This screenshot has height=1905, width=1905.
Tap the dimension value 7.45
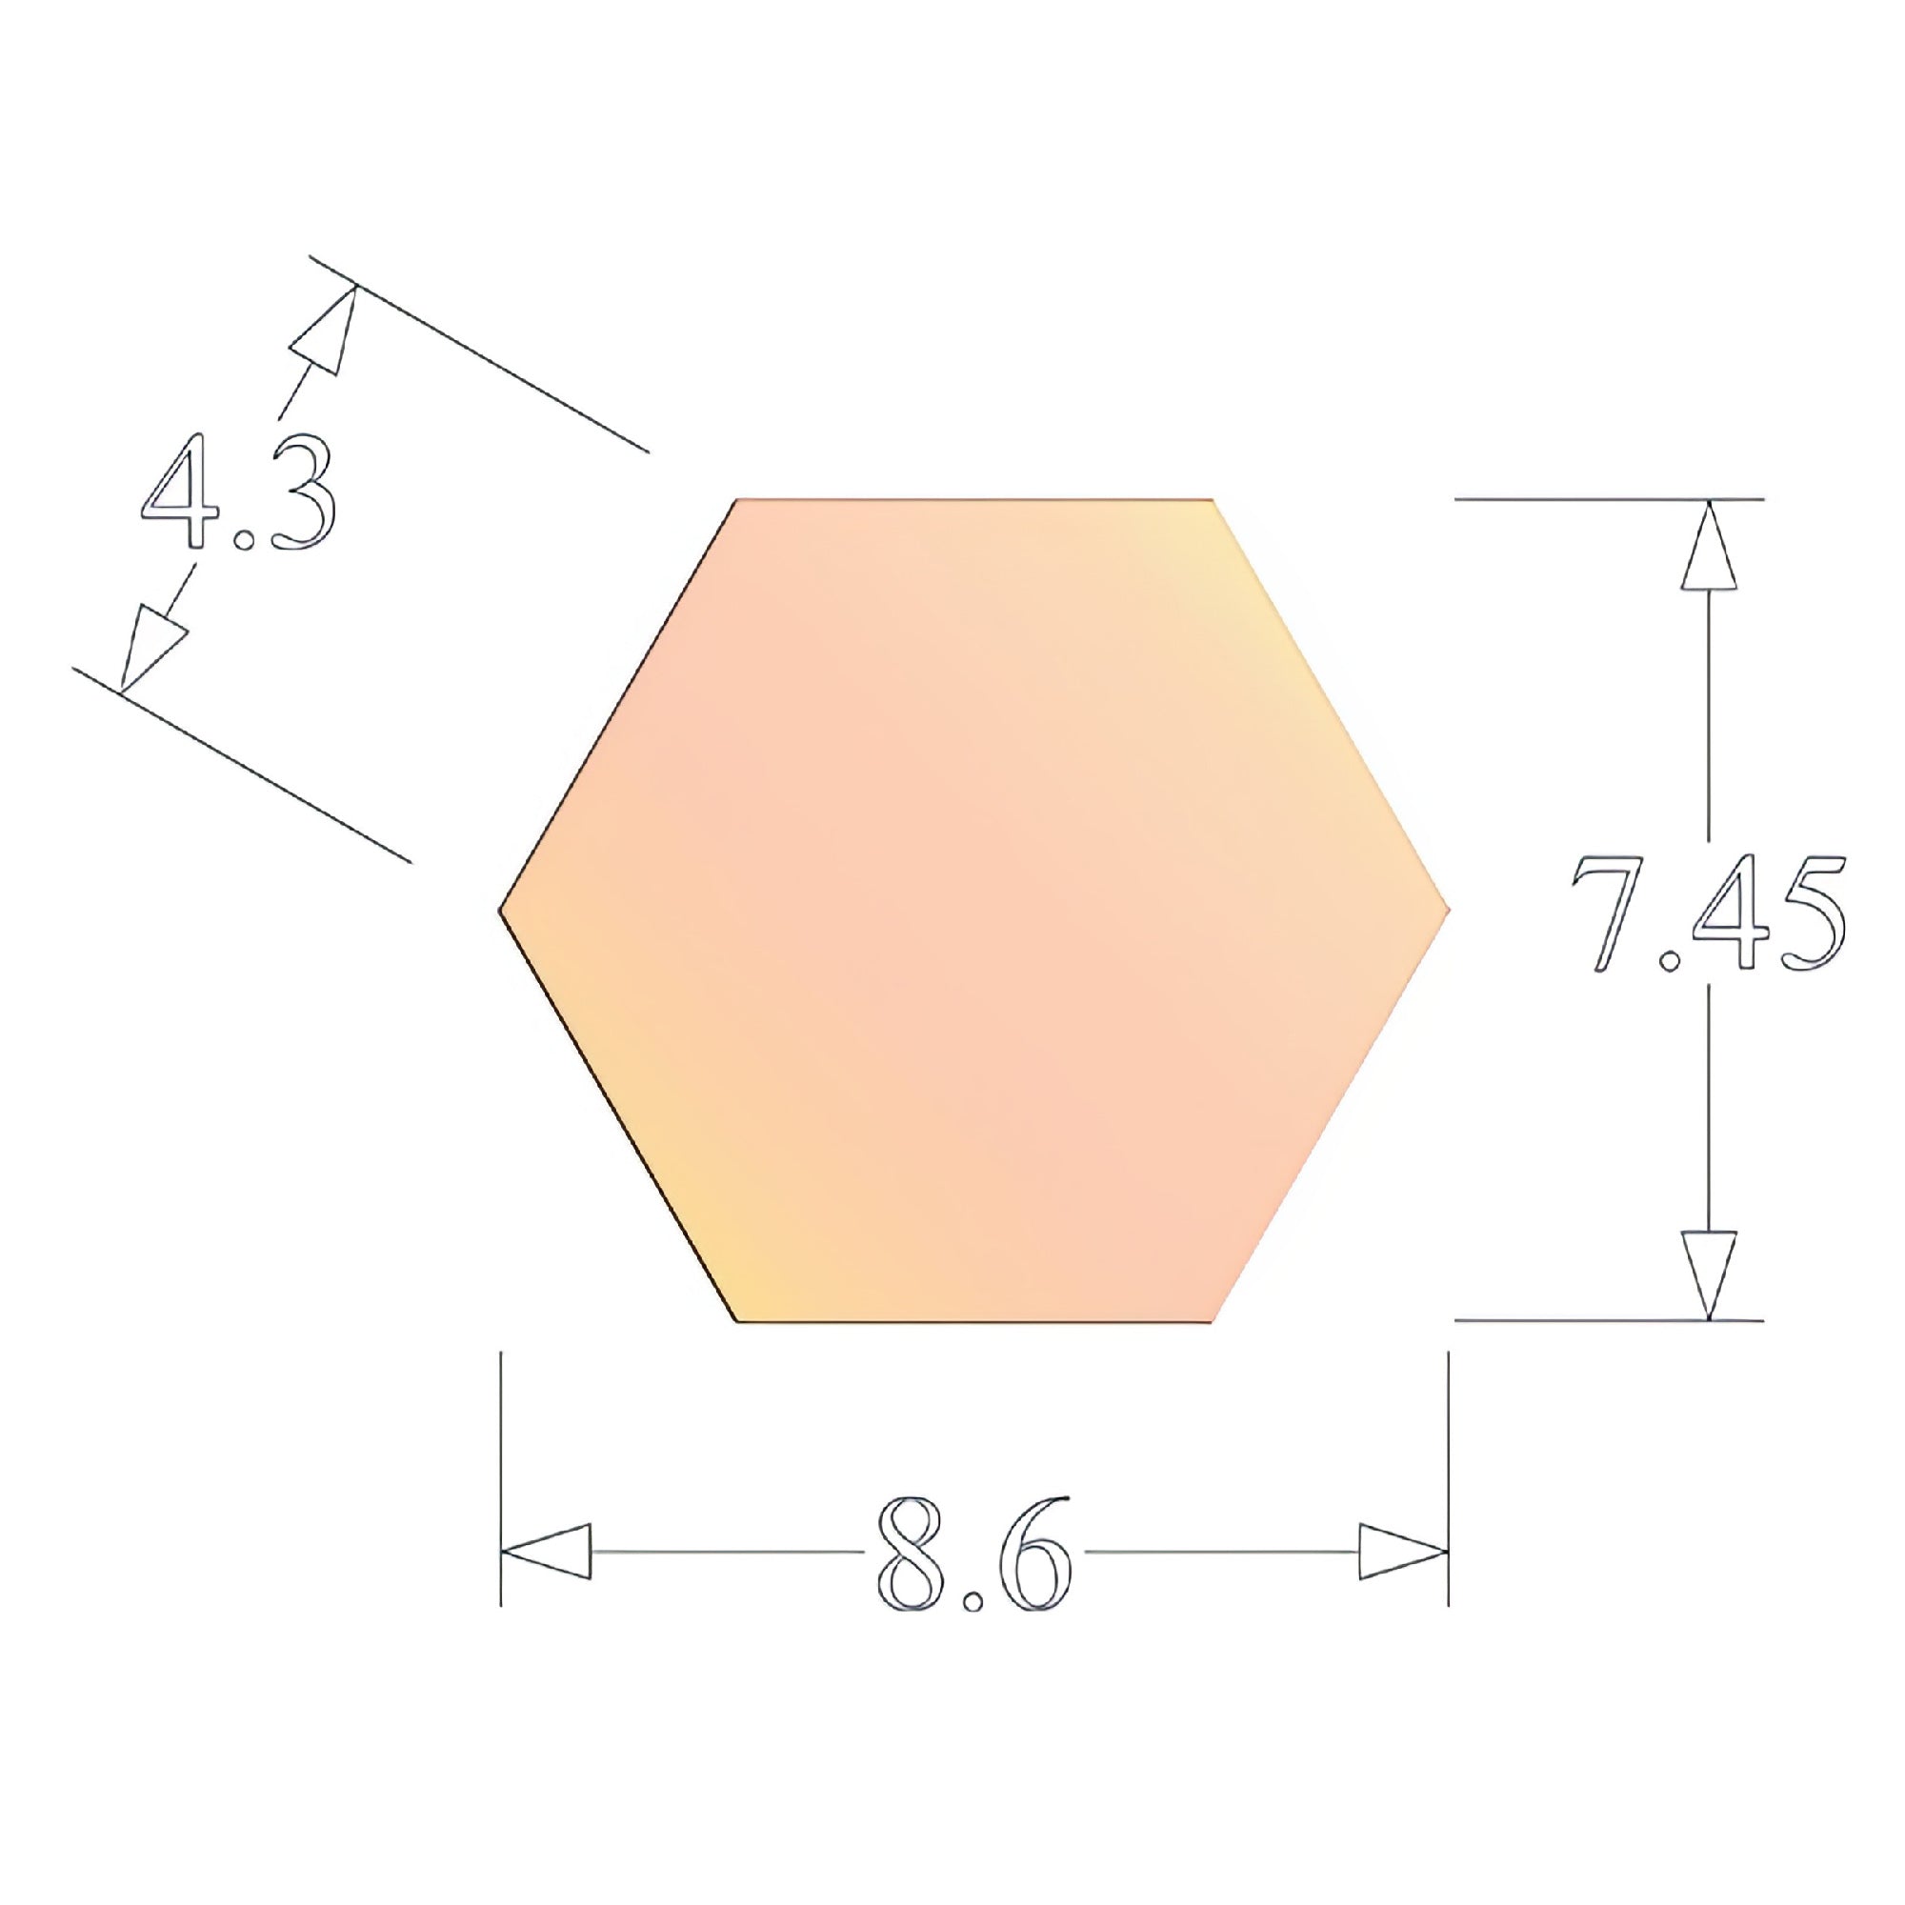(1707, 914)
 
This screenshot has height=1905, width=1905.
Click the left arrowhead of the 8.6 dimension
(548, 1552)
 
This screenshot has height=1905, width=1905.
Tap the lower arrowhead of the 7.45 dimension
(1708, 1273)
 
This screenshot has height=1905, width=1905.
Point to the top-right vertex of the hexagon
(1213, 501)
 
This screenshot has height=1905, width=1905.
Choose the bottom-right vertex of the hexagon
(1213, 1320)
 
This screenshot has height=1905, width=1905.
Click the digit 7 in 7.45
(1606, 914)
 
